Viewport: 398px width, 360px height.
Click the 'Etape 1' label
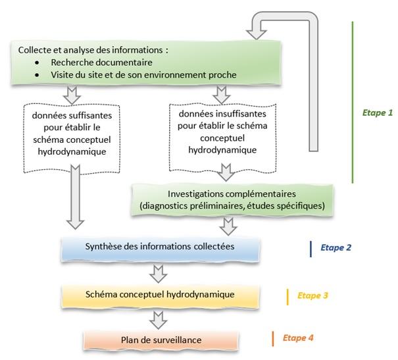[377, 113]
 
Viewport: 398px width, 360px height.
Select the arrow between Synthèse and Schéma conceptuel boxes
[158, 271]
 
